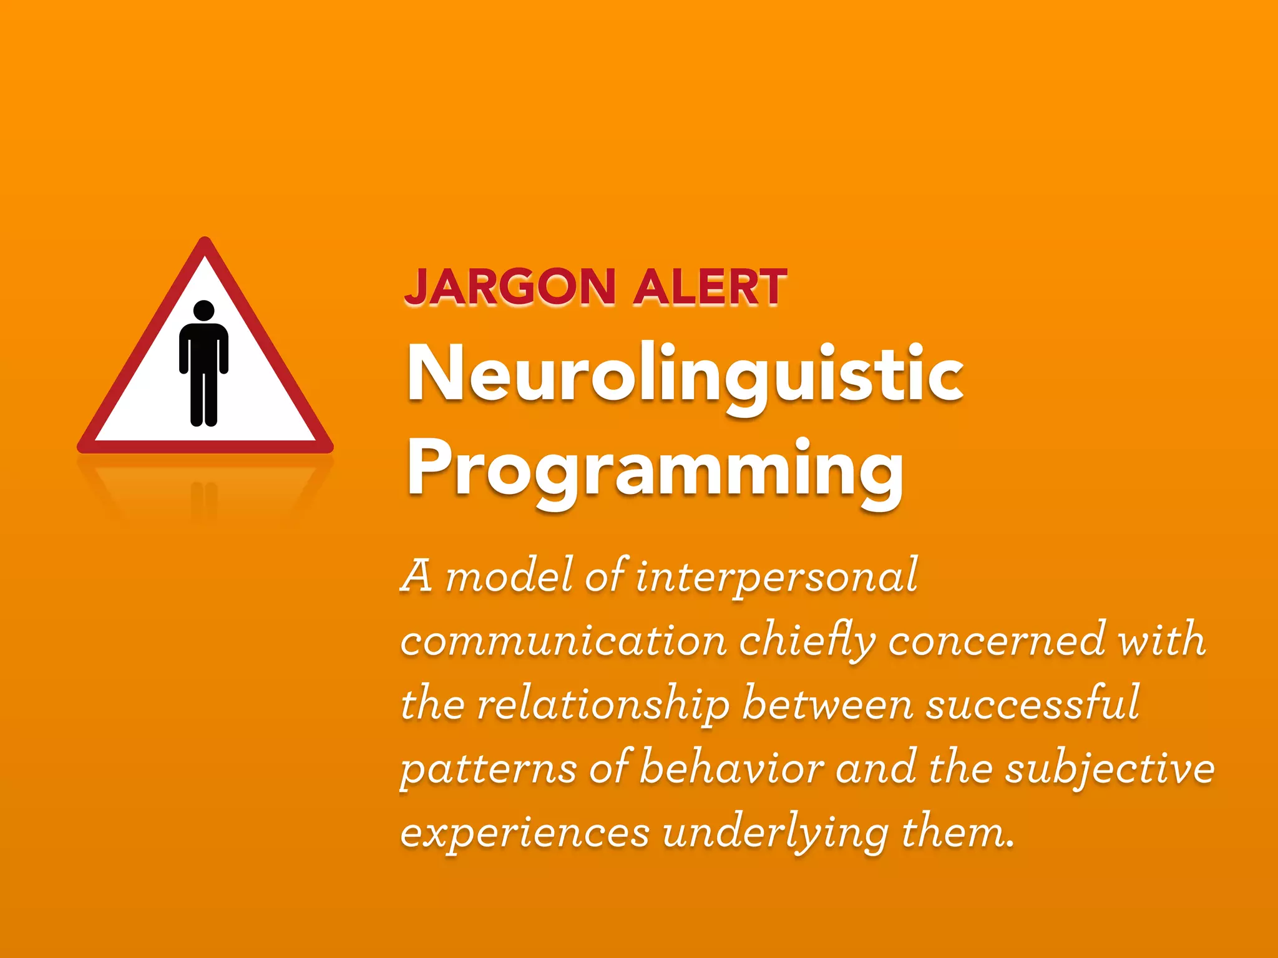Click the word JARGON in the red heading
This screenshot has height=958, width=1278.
click(x=510, y=287)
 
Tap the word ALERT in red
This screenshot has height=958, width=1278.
click(x=710, y=287)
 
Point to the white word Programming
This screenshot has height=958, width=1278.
click(x=655, y=469)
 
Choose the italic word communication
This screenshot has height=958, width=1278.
click(x=563, y=640)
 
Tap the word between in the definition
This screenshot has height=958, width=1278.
click(x=827, y=704)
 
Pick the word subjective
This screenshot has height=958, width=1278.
click(x=1110, y=768)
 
